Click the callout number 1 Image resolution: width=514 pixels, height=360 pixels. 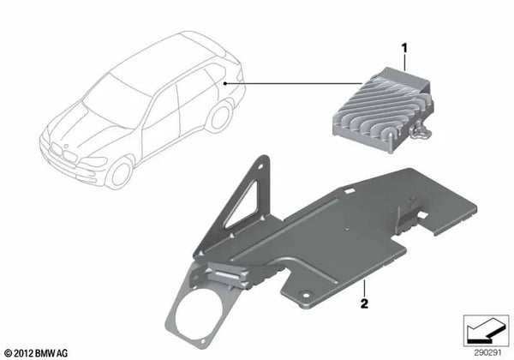click(x=404, y=49)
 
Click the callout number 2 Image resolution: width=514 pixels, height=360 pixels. click(x=364, y=303)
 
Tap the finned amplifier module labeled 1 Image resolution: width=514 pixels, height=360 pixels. click(x=383, y=109)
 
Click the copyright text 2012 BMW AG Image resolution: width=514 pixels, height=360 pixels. click(x=36, y=353)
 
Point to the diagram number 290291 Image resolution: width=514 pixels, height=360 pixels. click(x=487, y=353)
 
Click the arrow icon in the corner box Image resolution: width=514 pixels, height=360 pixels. click(x=486, y=330)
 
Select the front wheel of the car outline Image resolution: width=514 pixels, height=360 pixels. click(x=120, y=173)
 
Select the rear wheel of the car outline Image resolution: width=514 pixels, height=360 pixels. click(x=220, y=117)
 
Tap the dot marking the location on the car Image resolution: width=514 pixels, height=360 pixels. click(x=224, y=84)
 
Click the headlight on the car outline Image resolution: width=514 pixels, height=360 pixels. click(x=94, y=162)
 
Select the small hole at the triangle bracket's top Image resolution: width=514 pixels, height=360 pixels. click(x=261, y=166)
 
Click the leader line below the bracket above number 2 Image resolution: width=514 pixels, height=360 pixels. click(x=364, y=288)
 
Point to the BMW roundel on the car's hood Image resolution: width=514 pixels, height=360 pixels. click(x=66, y=146)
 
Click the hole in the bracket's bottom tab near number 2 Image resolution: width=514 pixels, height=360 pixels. click(x=306, y=296)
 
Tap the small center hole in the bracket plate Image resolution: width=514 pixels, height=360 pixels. click(x=346, y=229)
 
